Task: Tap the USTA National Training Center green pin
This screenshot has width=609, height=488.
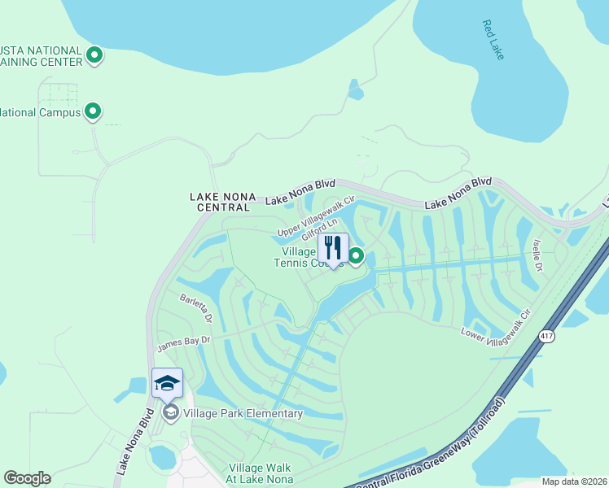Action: pyautogui.click(x=94, y=55)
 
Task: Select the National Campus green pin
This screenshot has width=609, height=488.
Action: pyautogui.click(x=93, y=111)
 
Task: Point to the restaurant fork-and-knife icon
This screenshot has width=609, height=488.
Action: pyautogui.click(x=332, y=248)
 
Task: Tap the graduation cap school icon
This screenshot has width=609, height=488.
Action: pyautogui.click(x=167, y=383)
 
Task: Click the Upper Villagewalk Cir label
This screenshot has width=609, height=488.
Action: pyautogui.click(x=316, y=219)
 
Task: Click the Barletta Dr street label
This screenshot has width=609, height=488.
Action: pyautogui.click(x=197, y=307)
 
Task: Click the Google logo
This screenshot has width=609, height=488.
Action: pyautogui.click(x=27, y=478)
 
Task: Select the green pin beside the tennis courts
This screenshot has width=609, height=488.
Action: pyautogui.click(x=356, y=257)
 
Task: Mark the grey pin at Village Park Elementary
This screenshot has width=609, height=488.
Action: pyautogui.click(x=170, y=413)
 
